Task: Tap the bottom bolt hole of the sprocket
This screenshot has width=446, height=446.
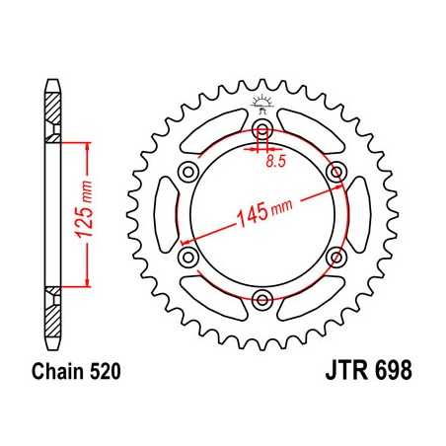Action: pos(263,298)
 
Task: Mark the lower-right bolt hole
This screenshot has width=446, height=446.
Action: pos(335,257)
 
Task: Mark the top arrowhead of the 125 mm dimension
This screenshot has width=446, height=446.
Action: pos(90,145)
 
